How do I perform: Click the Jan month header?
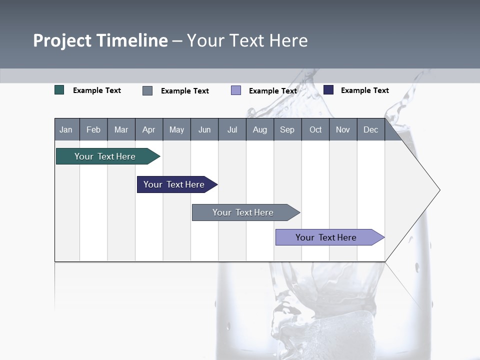66,129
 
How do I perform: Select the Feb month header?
93,129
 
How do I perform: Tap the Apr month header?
148,129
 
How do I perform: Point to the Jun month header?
204,129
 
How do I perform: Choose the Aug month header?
259,129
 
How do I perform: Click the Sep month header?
287,129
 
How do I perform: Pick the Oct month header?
315,129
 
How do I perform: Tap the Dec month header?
370,129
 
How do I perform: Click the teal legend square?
59,90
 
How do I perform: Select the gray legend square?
147,90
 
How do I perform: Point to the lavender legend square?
236,90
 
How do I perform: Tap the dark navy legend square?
328,90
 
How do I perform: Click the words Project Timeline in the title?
100,40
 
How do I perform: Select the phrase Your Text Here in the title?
247,40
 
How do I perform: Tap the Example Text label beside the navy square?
364,90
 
